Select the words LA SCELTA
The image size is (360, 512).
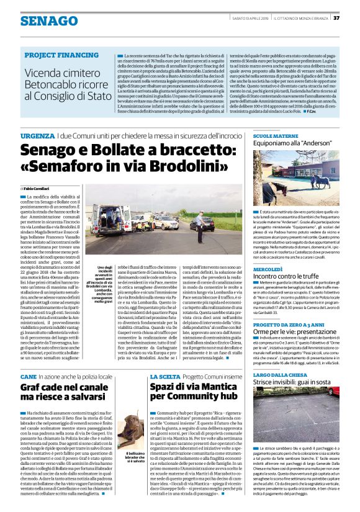[x=160, y=376]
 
